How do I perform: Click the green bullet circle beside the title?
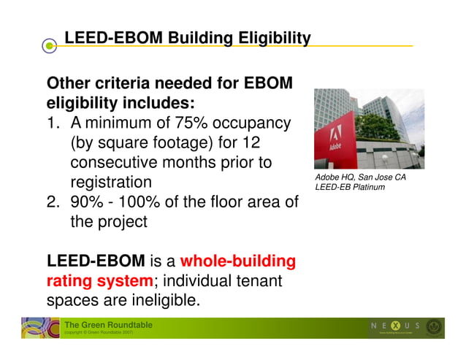click(x=49, y=46)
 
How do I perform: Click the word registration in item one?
click(x=111, y=182)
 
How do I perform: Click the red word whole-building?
click(x=237, y=261)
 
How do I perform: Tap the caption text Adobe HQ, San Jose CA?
click(x=360, y=177)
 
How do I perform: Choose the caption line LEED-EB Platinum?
click(x=350, y=188)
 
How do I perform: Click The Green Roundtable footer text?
click(x=108, y=324)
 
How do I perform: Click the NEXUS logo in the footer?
click(x=394, y=326)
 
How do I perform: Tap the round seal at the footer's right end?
click(x=435, y=327)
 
